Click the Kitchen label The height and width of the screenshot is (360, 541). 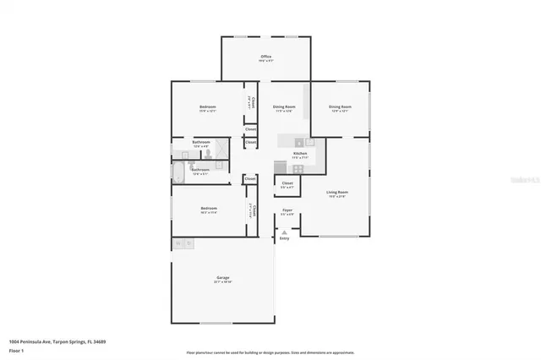point(300,153)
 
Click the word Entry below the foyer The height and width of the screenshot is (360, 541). point(285,238)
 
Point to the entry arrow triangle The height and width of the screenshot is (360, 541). point(285,232)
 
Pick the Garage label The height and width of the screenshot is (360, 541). point(223,278)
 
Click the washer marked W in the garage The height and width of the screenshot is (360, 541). point(179,243)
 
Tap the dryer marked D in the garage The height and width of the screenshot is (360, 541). point(189,243)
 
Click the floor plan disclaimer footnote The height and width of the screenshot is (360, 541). point(270,352)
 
